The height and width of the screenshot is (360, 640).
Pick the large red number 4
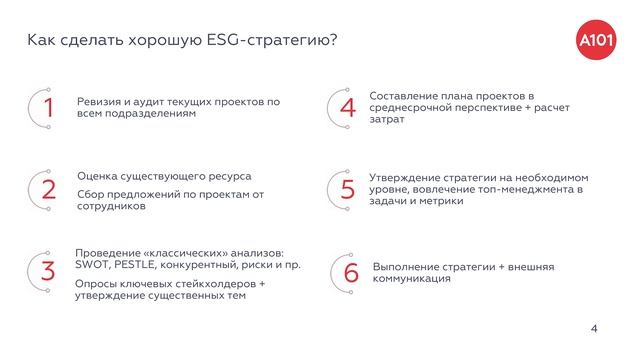(348, 108)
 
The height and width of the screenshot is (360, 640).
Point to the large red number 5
(348, 190)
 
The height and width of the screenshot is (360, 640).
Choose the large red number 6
(350, 273)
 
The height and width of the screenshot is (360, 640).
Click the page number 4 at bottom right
(594, 328)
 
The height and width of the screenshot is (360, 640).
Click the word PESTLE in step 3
(140, 265)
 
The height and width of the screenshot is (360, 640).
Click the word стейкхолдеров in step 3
(210, 284)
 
